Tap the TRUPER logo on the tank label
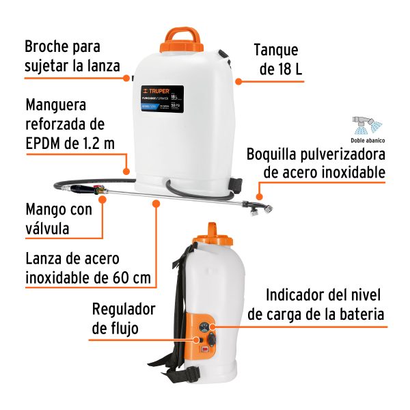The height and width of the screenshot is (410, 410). pyautogui.click(x=155, y=90)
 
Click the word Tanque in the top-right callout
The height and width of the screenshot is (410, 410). pyautogui.click(x=276, y=50)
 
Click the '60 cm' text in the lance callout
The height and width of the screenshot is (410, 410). pyautogui.click(x=131, y=278)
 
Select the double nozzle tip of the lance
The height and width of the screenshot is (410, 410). pyautogui.click(x=261, y=207)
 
